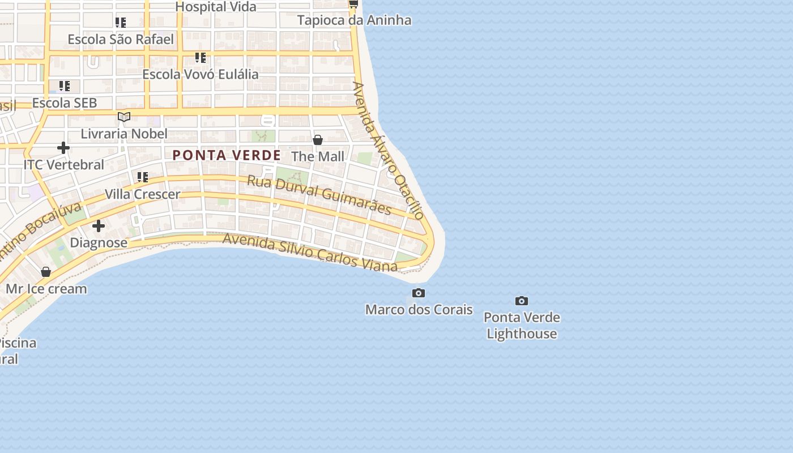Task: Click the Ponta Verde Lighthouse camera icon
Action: (522, 301)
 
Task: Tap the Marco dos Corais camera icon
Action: (419, 293)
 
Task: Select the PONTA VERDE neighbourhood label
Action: (227, 155)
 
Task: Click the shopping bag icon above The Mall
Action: (318, 139)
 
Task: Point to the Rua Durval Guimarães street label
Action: (319, 195)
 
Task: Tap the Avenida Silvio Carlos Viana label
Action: (310, 252)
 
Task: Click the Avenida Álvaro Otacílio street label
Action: (388, 150)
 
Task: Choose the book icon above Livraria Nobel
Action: (124, 117)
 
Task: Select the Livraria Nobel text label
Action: (124, 134)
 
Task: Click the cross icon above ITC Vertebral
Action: (63, 148)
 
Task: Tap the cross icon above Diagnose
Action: (99, 226)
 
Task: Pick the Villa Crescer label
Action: (142, 194)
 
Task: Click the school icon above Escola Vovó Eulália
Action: (200, 58)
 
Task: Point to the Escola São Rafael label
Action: (121, 39)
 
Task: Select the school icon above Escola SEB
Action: (65, 86)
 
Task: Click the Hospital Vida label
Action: (216, 7)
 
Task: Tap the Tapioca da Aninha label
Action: (354, 20)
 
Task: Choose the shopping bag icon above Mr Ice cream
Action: (46, 272)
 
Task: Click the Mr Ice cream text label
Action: (46, 289)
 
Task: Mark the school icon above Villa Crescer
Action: (143, 177)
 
